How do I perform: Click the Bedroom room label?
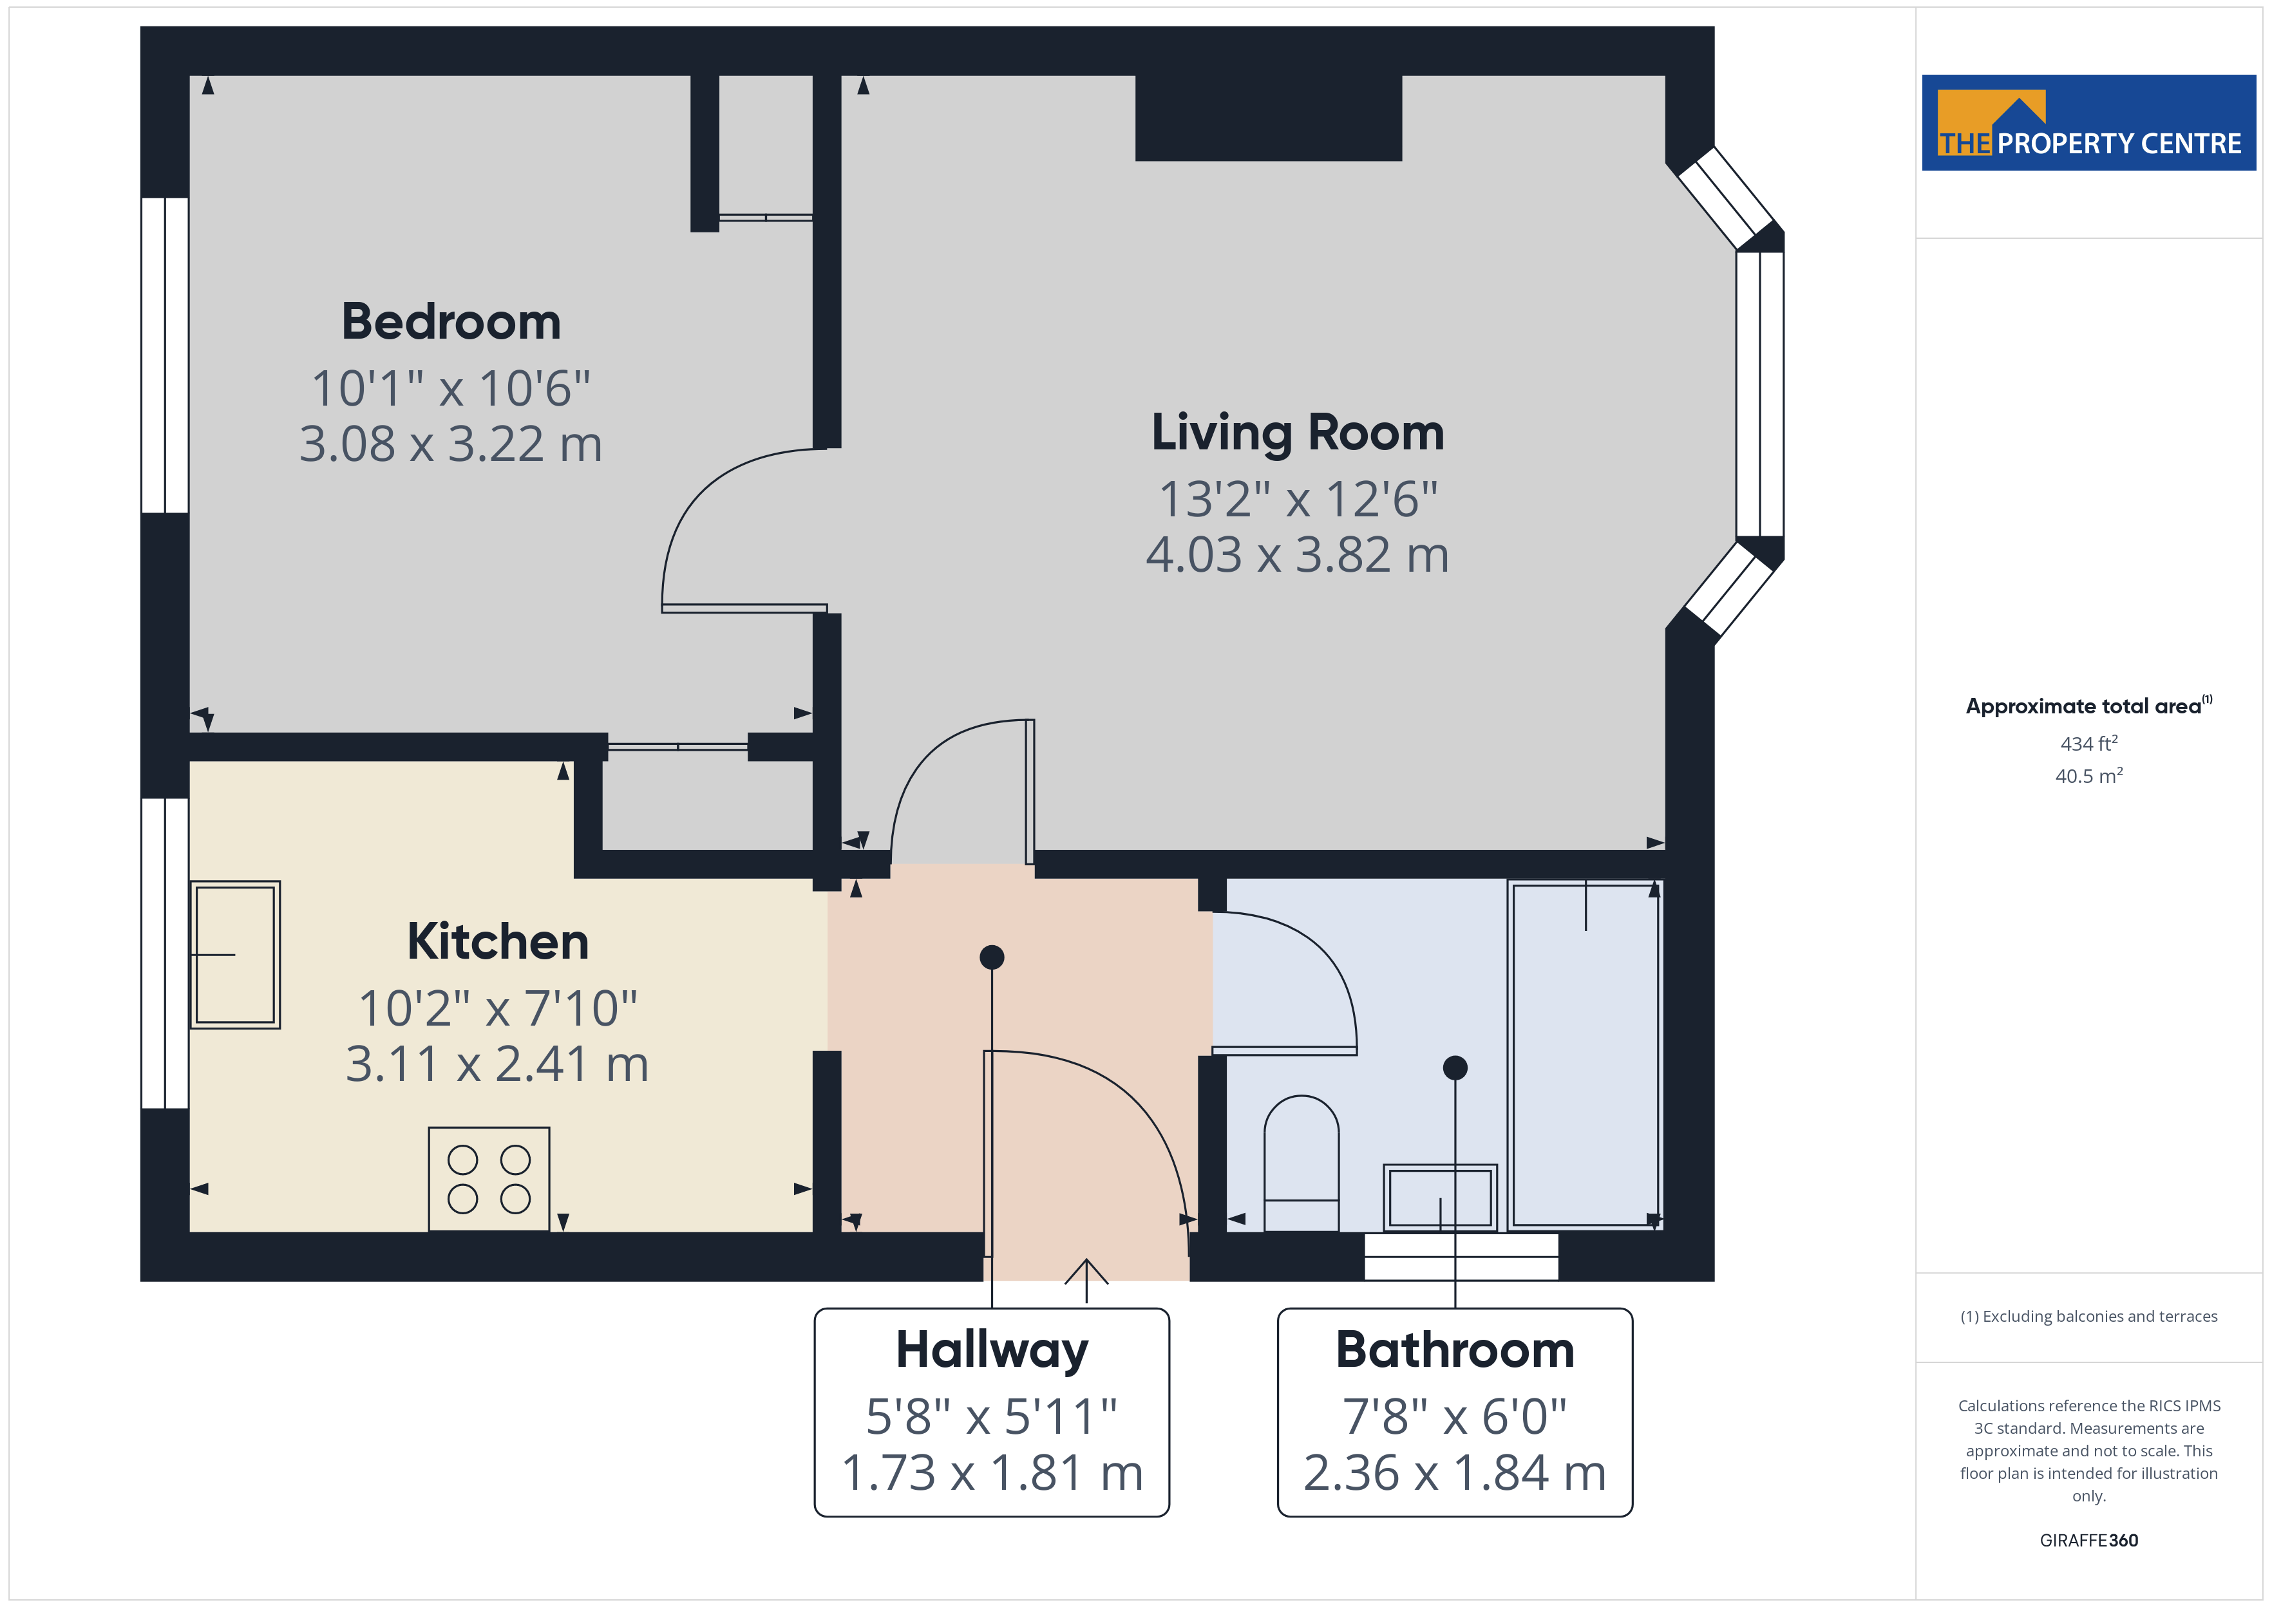pos(451,322)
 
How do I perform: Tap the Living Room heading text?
pos(1297,433)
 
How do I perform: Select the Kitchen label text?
pos(498,941)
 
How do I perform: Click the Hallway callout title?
pos(992,1351)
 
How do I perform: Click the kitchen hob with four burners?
pos(489,1179)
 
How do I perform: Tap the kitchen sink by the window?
pos(236,955)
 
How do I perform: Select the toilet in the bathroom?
pos(1302,1163)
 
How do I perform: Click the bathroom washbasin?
pos(1440,1198)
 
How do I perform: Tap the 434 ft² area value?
pos(2089,743)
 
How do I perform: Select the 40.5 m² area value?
pos(2089,776)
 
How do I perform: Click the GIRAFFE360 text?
pos(2089,1539)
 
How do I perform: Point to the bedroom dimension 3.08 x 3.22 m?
pos(451,444)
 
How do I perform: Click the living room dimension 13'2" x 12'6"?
pos(1297,499)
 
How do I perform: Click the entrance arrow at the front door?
pos(1086,1281)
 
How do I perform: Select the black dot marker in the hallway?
pos(992,957)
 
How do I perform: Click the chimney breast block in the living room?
pos(1269,118)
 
